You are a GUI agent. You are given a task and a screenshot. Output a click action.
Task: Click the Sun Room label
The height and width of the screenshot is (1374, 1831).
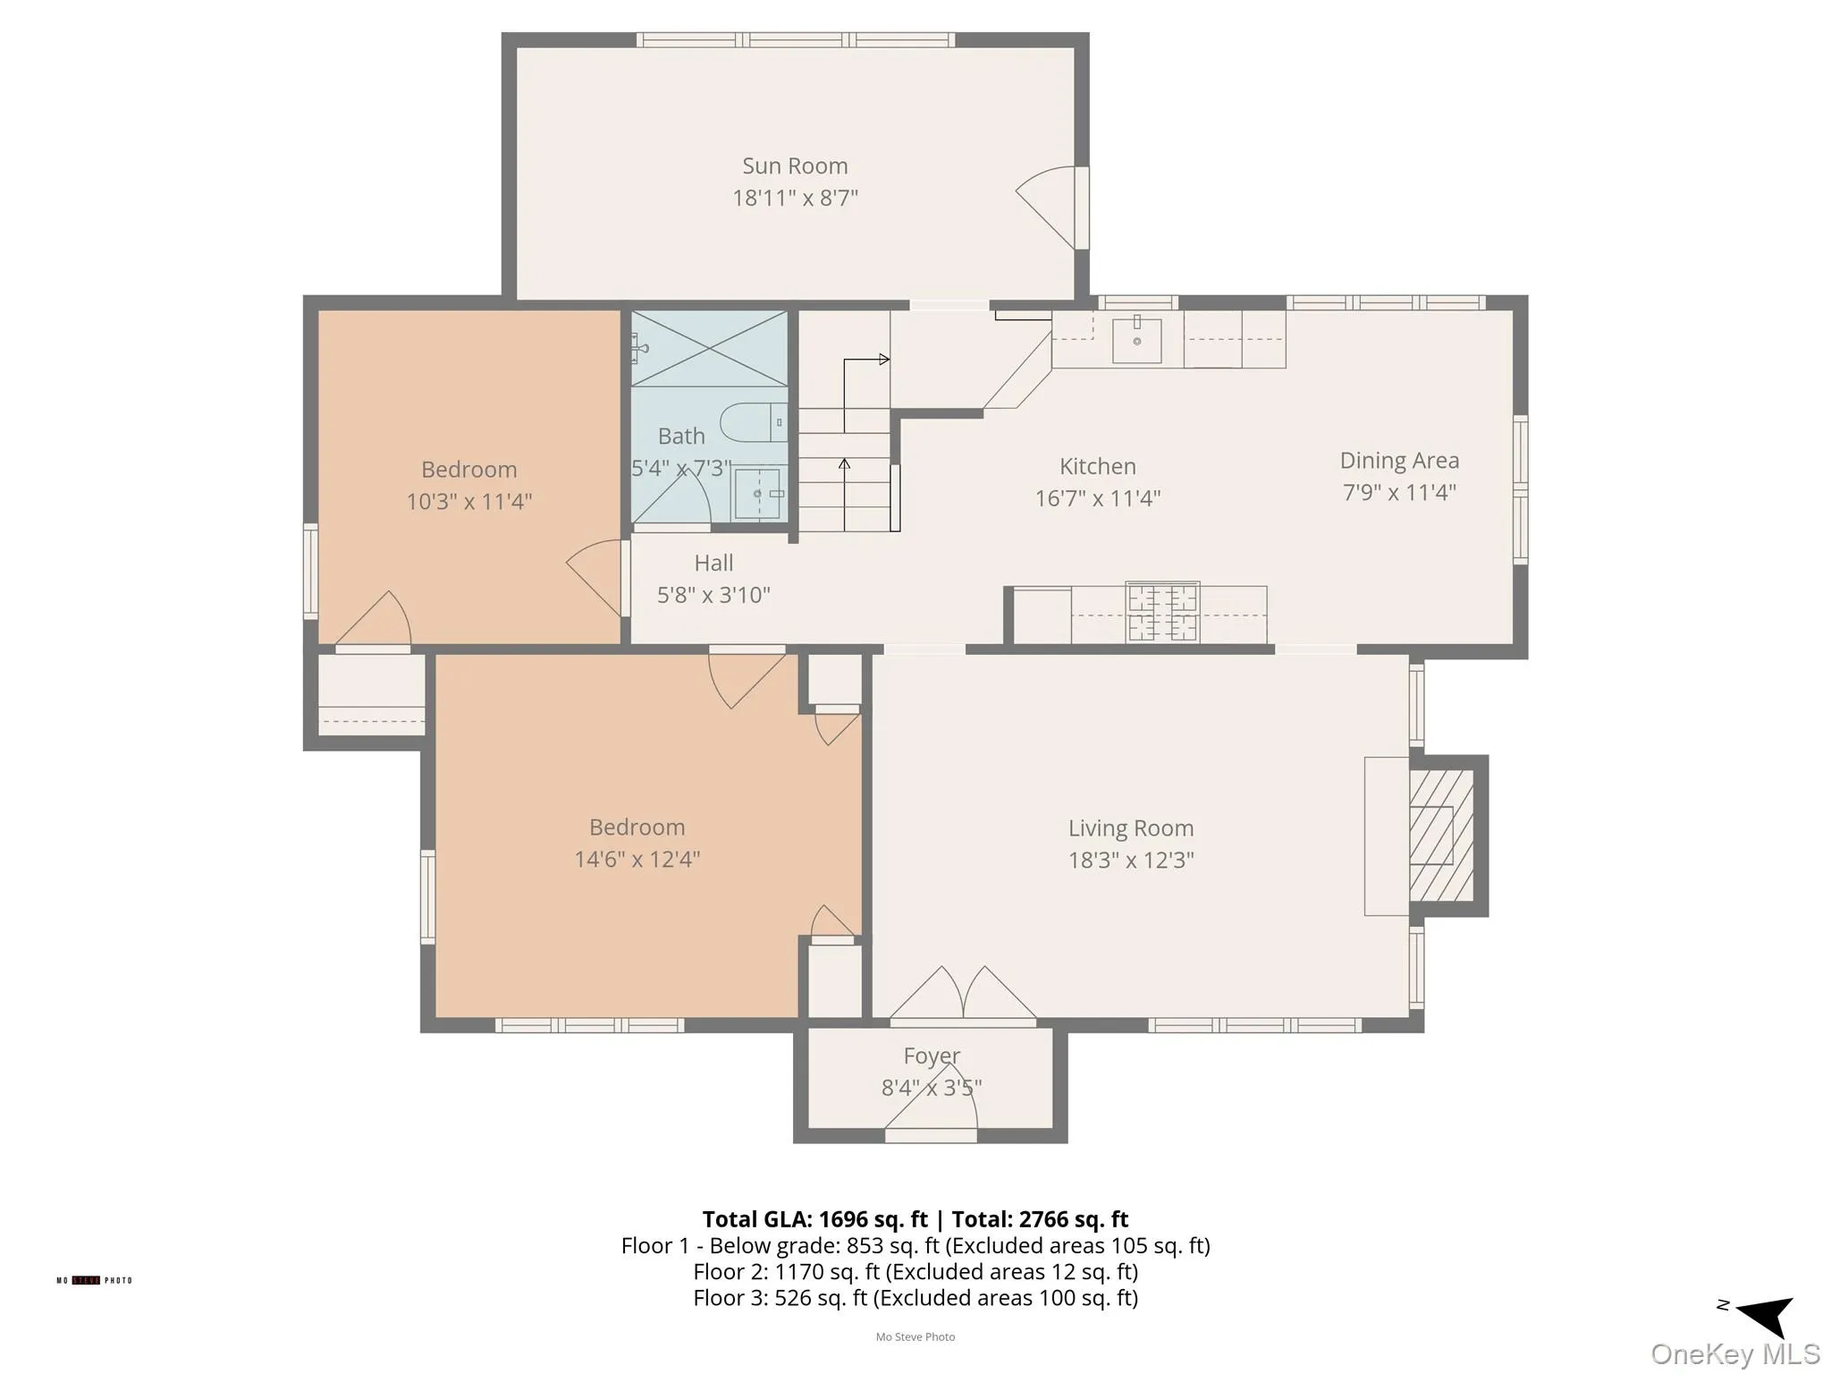click(x=795, y=166)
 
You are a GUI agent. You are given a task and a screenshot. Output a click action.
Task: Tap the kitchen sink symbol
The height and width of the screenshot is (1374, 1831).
click(x=1136, y=340)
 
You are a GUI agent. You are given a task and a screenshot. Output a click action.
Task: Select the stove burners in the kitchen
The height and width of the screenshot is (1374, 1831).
click(x=1162, y=612)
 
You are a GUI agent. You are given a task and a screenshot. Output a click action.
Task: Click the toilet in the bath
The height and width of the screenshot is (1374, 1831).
click(x=753, y=422)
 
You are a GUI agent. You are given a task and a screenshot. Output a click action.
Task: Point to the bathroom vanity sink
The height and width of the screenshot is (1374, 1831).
click(x=759, y=494)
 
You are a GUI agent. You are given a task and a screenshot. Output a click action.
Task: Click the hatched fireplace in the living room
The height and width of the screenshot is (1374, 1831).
click(x=1440, y=835)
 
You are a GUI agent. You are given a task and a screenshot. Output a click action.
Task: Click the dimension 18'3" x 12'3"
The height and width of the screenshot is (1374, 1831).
click(x=1131, y=861)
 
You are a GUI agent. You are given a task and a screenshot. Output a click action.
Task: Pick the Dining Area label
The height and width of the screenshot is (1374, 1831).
click(x=1399, y=461)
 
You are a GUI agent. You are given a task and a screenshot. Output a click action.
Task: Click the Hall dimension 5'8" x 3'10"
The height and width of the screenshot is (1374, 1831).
click(x=713, y=596)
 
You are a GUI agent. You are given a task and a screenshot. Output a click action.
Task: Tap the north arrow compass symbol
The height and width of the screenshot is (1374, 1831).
click(x=1763, y=1314)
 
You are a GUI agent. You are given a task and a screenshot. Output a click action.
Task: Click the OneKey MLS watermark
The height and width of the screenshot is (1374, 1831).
click(x=1734, y=1353)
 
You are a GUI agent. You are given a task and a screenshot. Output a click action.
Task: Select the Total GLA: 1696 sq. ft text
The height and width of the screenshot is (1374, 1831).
click(x=814, y=1219)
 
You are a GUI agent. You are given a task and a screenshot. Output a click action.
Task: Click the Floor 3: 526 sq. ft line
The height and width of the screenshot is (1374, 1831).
click(x=915, y=1298)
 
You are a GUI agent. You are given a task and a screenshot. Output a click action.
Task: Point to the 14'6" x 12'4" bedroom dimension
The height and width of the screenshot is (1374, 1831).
click(x=637, y=860)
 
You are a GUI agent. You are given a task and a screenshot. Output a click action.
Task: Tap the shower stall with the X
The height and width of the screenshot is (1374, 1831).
click(x=709, y=349)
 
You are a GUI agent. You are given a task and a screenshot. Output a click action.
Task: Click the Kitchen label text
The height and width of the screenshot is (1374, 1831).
click(x=1097, y=467)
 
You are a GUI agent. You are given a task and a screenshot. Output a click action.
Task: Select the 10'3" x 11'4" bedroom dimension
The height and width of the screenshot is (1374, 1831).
click(x=468, y=502)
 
